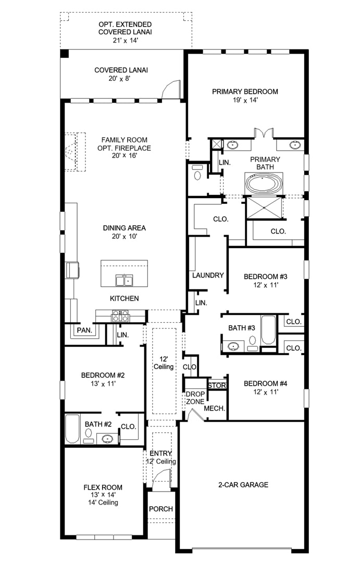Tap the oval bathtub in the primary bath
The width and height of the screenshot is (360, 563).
coord(264,183)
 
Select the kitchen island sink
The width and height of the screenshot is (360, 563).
coord(124,280)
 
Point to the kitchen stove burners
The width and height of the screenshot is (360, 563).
coord(120,316)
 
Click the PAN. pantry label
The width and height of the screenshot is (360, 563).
coord(84,330)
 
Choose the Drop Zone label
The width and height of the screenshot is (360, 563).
coord(195,398)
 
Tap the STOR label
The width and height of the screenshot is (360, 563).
coord(217,386)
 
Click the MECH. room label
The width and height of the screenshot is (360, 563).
coord(214,409)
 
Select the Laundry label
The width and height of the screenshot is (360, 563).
coord(208,275)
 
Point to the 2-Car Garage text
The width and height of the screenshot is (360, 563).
coord(243,485)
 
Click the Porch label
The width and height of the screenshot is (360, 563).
coord(161,509)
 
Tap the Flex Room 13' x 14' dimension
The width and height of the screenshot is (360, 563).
coord(103,495)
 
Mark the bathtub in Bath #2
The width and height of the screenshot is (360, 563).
coord(72,429)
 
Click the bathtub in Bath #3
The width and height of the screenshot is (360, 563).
coord(268,330)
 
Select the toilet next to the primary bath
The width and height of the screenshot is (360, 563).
coord(197,173)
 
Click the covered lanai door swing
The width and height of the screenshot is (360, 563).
coord(170,89)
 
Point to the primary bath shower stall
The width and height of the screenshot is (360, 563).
coord(264,207)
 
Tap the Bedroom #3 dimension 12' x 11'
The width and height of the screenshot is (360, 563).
coord(266,285)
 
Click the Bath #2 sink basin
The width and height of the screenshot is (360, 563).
coord(107,438)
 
